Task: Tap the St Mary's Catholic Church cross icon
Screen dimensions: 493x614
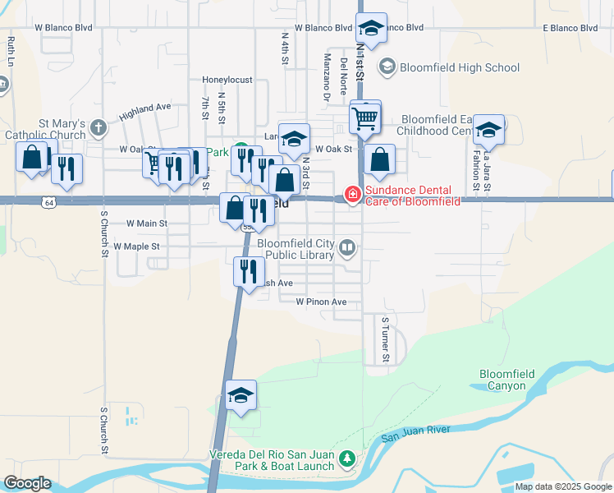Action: click(99, 127)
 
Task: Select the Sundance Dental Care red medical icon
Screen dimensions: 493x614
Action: click(352, 195)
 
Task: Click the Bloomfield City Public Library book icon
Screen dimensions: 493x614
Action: click(348, 246)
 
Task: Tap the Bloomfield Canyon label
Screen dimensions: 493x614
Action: click(506, 380)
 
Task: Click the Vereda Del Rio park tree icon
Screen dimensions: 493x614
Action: click(347, 458)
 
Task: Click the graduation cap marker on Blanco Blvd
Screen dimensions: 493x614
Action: click(372, 28)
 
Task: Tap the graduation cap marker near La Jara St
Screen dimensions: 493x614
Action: click(488, 129)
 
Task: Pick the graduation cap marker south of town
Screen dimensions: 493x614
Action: click(241, 395)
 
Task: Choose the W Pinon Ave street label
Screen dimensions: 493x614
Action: click(321, 302)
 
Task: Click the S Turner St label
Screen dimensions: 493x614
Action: click(384, 339)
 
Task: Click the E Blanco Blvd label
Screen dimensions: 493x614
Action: click(570, 27)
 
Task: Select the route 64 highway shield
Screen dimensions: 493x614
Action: click(48, 200)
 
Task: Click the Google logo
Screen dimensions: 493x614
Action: click(27, 483)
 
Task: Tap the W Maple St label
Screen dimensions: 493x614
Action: click(136, 246)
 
